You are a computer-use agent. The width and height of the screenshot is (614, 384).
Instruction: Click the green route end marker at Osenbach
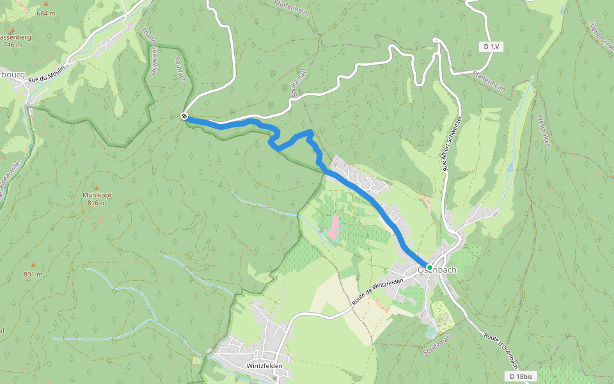430,267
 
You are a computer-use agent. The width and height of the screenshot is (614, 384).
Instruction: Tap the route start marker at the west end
184,116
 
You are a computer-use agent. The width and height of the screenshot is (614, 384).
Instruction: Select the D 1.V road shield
491,47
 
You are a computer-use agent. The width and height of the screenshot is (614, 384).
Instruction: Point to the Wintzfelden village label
264,366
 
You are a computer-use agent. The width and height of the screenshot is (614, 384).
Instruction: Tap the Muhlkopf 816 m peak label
97,198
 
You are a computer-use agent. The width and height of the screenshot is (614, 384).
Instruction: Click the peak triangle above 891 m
33,264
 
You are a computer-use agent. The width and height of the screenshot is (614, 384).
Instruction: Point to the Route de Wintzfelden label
377,292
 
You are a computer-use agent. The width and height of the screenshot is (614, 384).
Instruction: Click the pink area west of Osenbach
334,226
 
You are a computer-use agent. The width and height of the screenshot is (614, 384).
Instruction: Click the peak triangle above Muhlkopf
97,188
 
